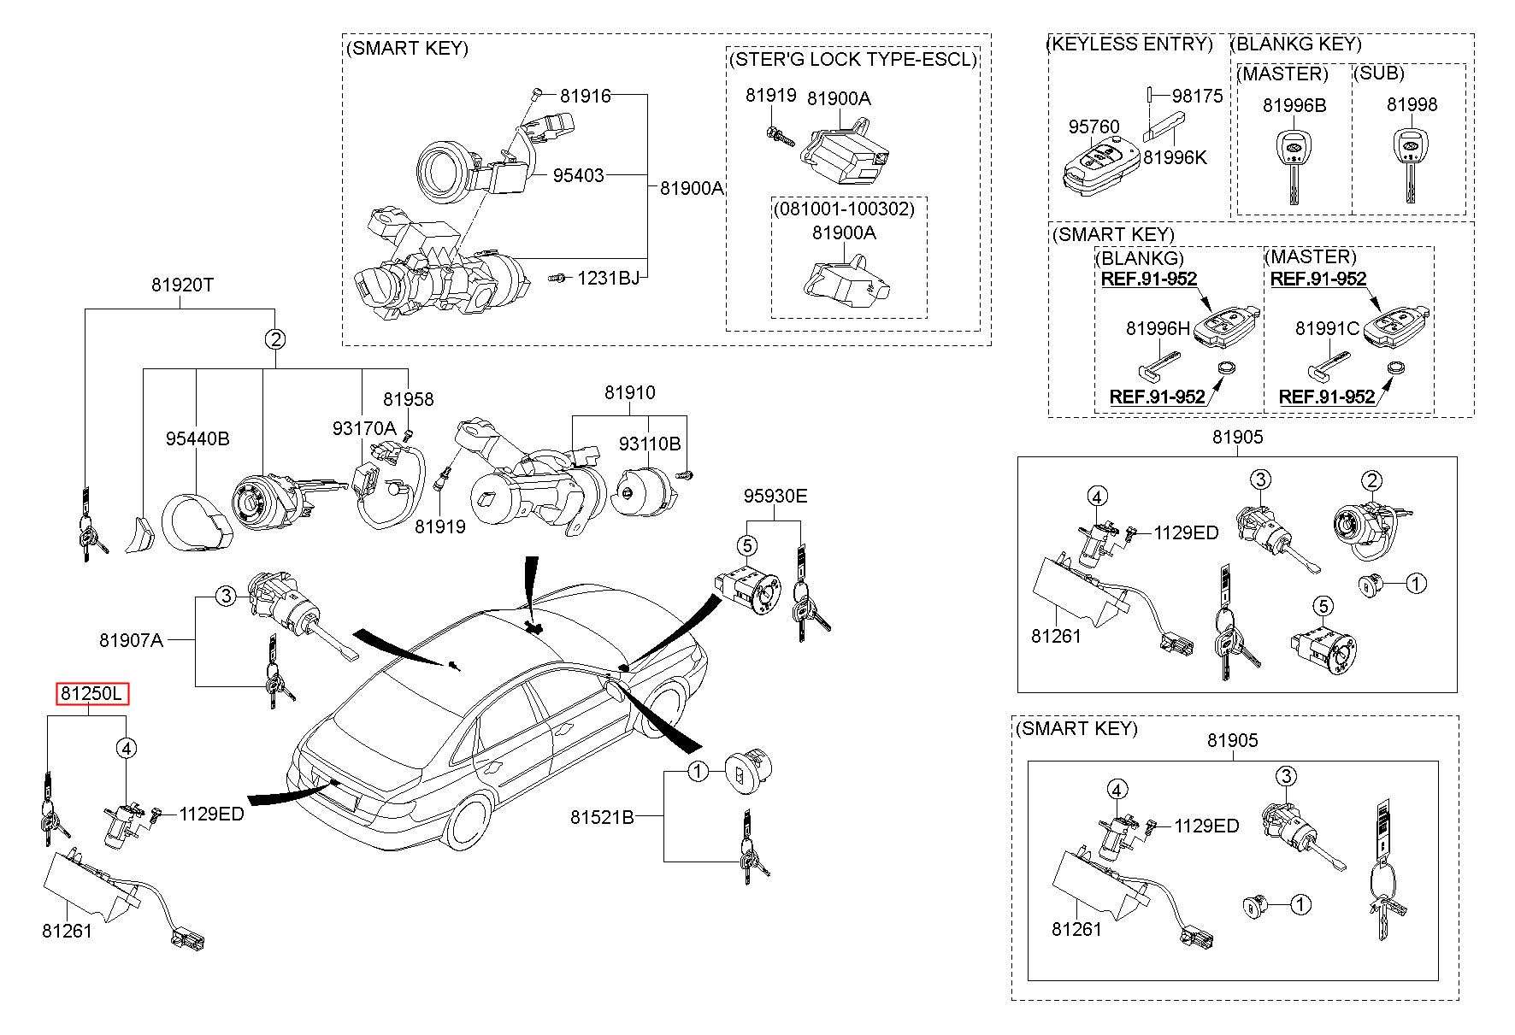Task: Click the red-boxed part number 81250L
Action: coord(92,694)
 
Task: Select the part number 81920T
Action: coord(182,285)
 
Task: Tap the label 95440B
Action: coord(197,438)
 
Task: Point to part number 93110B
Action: coord(650,444)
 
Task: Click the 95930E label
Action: coord(775,497)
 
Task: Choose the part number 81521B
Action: coord(602,817)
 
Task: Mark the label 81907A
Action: coord(131,639)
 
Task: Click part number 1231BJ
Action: coord(608,278)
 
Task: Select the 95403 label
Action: coord(578,175)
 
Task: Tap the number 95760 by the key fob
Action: coord(1094,126)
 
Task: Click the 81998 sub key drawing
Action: coord(1412,162)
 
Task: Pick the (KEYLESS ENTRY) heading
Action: coord(1130,44)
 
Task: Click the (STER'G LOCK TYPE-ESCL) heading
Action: coord(852,59)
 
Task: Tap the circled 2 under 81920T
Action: coord(274,339)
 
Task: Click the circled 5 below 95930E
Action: coord(746,544)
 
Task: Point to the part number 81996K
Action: coord(1175,157)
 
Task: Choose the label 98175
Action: coord(1197,96)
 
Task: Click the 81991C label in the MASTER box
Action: coord(1327,328)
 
